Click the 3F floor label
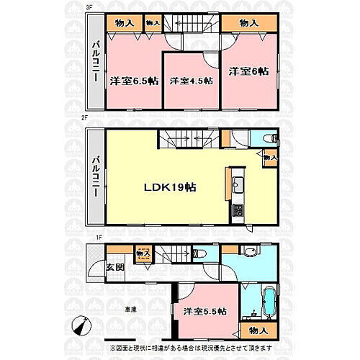pos(89,6)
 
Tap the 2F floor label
pos(89,124)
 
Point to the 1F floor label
pos(89,238)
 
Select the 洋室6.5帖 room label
pos(134,81)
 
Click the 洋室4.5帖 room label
pos(191,81)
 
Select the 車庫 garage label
pos(130,309)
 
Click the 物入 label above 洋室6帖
pos(248,23)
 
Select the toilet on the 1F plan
pos(202,253)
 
